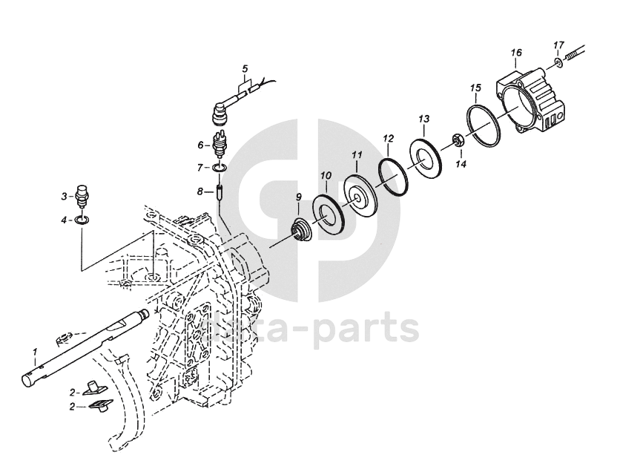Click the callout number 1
tap(34, 350)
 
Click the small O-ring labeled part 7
tap(219, 168)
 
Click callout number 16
tap(516, 53)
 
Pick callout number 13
tap(423, 119)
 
